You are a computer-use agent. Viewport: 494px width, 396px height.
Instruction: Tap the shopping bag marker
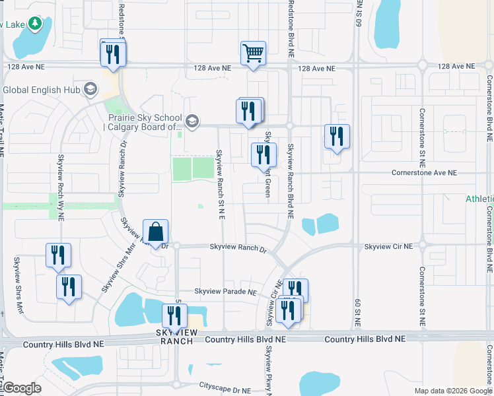(x=155, y=232)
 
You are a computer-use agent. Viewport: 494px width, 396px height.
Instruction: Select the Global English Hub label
(x=41, y=90)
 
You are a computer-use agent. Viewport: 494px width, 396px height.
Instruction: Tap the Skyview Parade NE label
(x=225, y=292)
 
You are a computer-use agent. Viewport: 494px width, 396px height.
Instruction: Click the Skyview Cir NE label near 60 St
(x=388, y=246)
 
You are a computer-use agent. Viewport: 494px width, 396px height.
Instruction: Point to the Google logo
(x=22, y=388)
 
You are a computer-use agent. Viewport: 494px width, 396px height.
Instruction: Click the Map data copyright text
(x=453, y=391)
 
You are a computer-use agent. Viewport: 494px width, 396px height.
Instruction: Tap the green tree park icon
(x=35, y=24)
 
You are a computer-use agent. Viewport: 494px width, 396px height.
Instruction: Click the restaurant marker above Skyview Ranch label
(x=174, y=317)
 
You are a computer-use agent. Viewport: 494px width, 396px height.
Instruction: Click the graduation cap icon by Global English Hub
(x=90, y=90)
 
